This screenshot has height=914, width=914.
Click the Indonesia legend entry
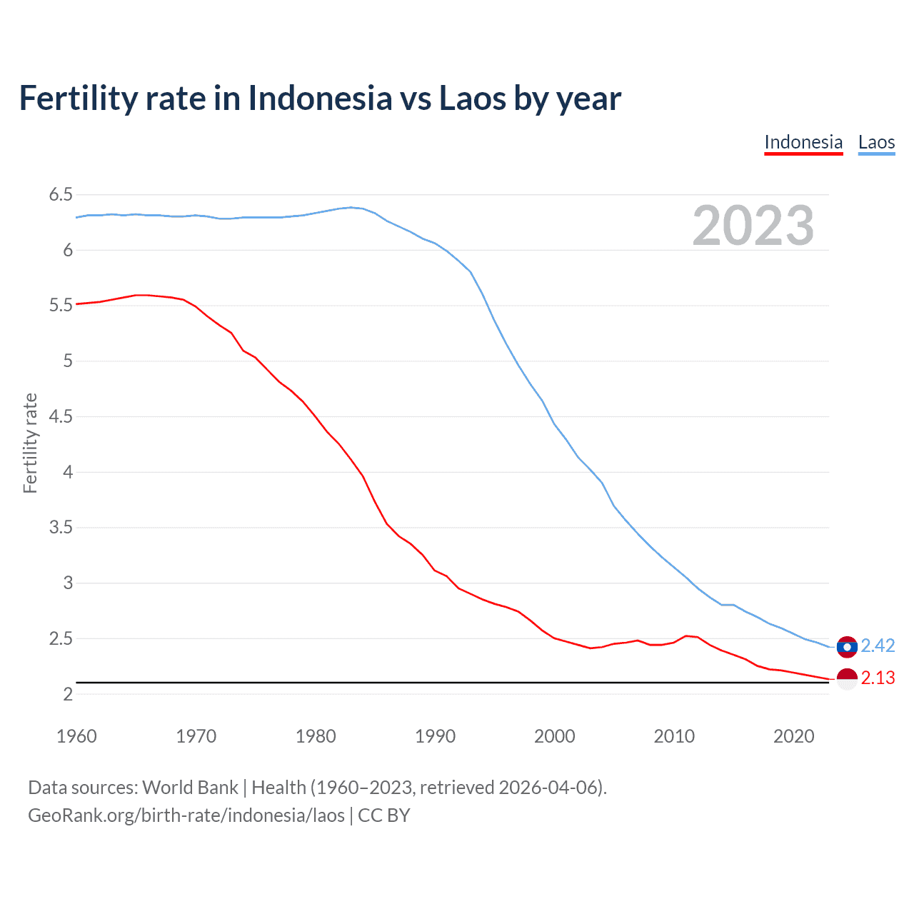point(803,142)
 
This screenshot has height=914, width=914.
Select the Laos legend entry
point(876,142)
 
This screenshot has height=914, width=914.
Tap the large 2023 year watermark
point(753,226)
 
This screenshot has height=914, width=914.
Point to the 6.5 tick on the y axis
point(61,195)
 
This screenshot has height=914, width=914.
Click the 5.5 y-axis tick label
point(61,306)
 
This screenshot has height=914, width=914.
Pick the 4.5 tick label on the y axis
point(61,416)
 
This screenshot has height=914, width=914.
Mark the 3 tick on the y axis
point(68,583)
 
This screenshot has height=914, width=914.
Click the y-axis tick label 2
point(68,694)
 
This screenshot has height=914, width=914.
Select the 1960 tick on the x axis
point(76,736)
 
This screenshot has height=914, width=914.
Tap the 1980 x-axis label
point(316,736)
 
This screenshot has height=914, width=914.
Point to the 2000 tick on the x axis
point(554,736)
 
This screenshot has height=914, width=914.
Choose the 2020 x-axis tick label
point(793,736)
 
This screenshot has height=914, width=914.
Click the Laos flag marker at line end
point(847,647)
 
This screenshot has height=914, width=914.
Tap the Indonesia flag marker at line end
point(847,679)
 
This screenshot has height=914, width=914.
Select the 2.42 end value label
point(878,646)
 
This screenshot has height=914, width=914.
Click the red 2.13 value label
point(878,678)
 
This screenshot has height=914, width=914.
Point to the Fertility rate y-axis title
point(30,443)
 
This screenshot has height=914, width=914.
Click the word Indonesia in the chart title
point(320,98)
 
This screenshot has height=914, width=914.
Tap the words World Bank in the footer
point(190,788)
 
